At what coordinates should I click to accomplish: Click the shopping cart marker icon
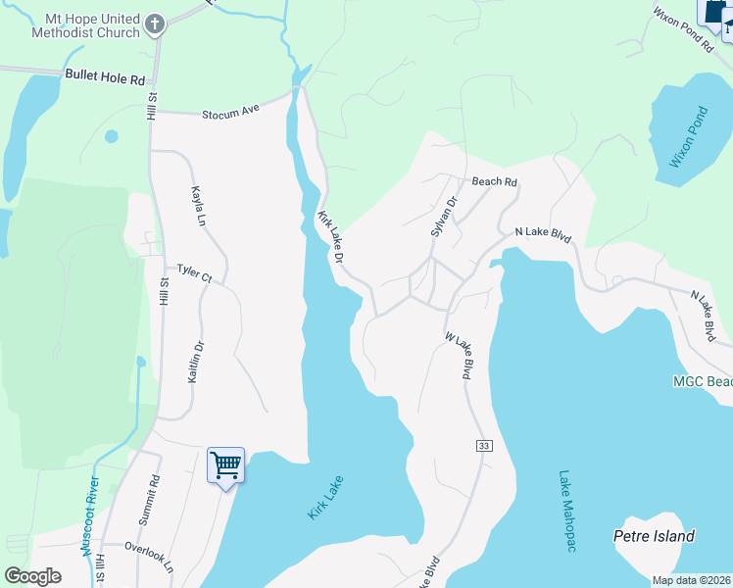tap(225, 464)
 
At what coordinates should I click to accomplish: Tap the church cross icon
tap(154, 22)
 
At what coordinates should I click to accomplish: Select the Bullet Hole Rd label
tap(105, 74)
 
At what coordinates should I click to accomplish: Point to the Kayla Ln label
tap(200, 206)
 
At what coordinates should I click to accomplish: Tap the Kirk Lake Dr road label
tap(329, 236)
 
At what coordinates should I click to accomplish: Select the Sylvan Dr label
tap(445, 217)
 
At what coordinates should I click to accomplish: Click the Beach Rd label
tap(494, 182)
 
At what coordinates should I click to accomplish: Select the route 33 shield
tap(483, 446)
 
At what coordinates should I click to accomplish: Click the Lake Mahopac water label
tap(566, 511)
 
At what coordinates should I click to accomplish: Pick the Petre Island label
tap(654, 536)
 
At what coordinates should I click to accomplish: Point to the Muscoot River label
tap(93, 516)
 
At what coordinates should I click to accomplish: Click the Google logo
tap(32, 576)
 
